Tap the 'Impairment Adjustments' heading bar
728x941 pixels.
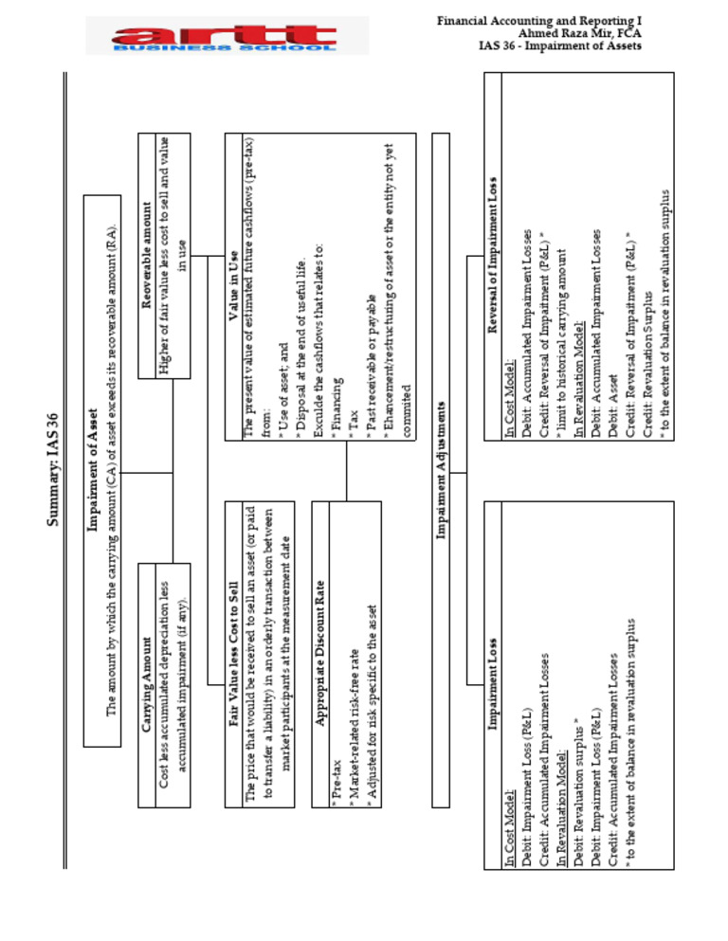(440, 470)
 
